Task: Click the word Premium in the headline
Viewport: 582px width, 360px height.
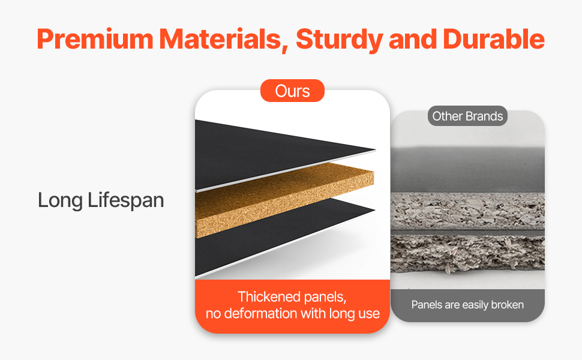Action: click(x=95, y=39)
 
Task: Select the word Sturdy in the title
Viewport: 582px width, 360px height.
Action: click(x=339, y=40)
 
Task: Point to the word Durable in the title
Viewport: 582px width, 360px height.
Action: click(x=494, y=39)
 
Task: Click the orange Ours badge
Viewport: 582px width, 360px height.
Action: click(x=292, y=91)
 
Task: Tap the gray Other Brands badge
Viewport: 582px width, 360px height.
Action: click(x=467, y=116)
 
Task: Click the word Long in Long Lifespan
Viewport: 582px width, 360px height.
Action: click(x=60, y=201)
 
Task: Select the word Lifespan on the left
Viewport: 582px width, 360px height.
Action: click(x=126, y=201)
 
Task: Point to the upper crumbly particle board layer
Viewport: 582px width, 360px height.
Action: click(x=467, y=211)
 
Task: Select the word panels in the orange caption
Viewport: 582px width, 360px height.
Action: click(x=325, y=298)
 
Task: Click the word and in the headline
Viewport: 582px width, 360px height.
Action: click(x=413, y=39)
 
